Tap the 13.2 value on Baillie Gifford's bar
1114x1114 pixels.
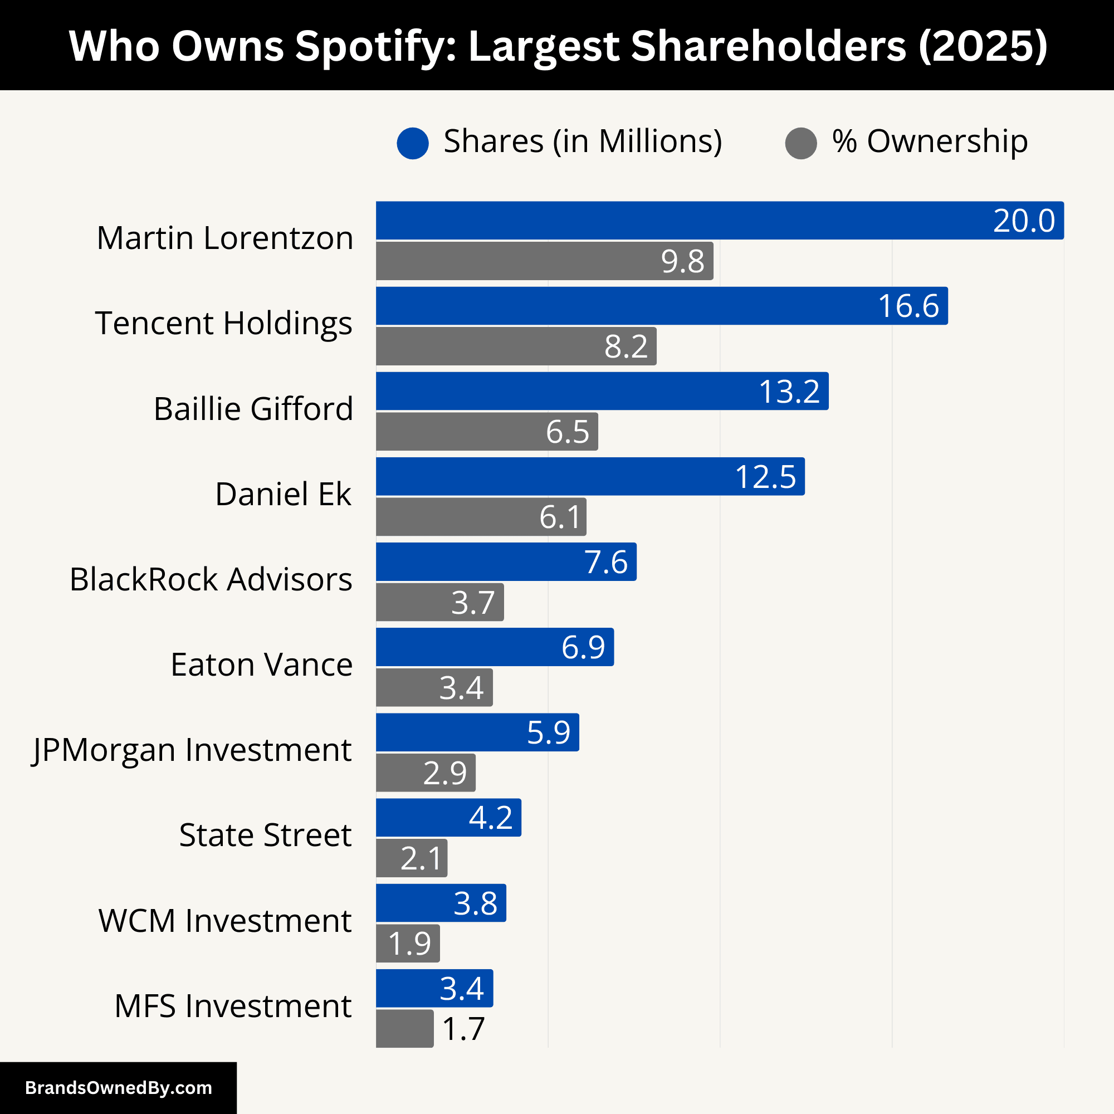[789, 392]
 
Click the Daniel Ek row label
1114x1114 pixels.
[282, 494]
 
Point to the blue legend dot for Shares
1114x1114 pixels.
[413, 143]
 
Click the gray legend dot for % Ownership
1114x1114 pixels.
[801, 143]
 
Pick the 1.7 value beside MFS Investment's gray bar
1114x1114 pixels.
[463, 1029]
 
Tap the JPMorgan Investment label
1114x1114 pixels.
[192, 750]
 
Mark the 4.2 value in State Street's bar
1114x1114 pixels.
[490, 818]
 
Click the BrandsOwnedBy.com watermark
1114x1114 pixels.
[118, 1088]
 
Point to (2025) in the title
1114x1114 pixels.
[983, 46]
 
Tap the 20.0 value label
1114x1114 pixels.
[1023, 221]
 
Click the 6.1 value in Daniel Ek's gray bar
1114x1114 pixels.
[559, 517]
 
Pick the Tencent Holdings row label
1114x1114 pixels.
[224, 323]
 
